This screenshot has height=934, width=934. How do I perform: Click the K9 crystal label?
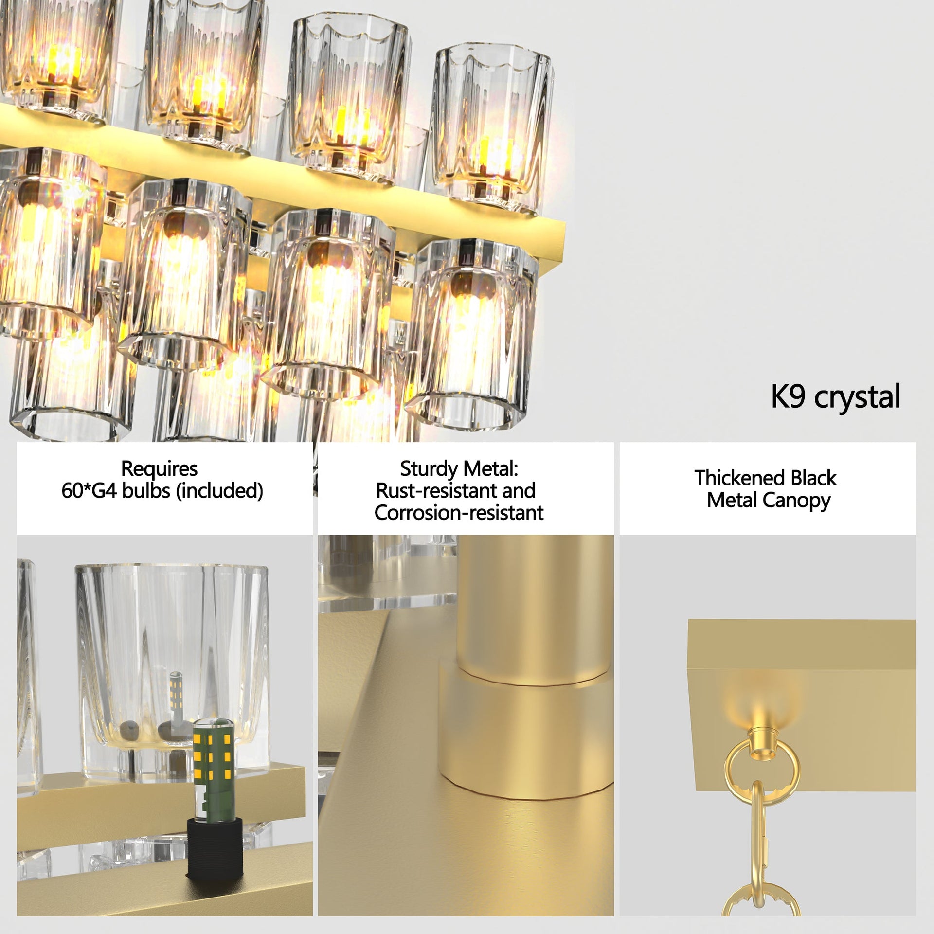tap(835, 397)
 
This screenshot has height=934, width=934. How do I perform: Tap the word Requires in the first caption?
tap(159, 469)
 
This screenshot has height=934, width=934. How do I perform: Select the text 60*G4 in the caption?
tap(89, 491)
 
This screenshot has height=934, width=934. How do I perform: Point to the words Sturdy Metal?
tap(459, 469)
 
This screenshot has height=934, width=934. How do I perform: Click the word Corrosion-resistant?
tap(459, 513)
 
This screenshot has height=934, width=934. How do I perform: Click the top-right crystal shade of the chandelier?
tap(491, 122)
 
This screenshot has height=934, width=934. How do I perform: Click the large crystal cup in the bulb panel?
tap(171, 647)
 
